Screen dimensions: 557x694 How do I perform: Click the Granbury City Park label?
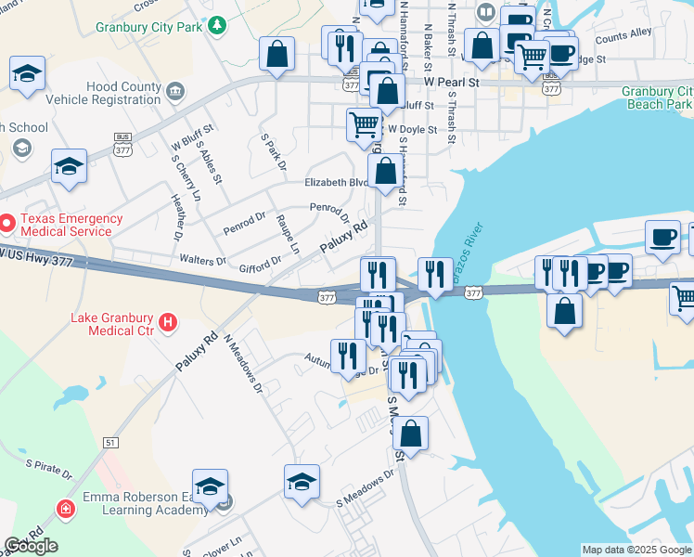pyautogui.click(x=148, y=27)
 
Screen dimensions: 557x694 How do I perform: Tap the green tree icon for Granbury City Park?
pyautogui.click(x=217, y=25)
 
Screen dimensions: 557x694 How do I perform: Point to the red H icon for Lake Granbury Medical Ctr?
pyautogui.click(x=167, y=323)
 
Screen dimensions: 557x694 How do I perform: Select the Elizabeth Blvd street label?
pyautogui.click(x=334, y=183)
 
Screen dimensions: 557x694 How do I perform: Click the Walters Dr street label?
pyautogui.click(x=202, y=261)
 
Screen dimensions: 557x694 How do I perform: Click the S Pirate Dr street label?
pyautogui.click(x=48, y=467)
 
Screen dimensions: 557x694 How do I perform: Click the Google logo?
pyautogui.click(x=31, y=546)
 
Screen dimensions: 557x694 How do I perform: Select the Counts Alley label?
pyautogui.click(x=623, y=38)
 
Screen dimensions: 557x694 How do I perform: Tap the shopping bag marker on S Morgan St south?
pyautogui.click(x=411, y=433)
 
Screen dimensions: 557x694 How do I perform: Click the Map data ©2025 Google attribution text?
pyautogui.click(x=636, y=550)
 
